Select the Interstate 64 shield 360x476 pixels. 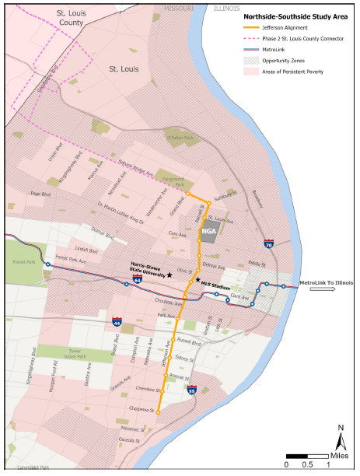(137, 279)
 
